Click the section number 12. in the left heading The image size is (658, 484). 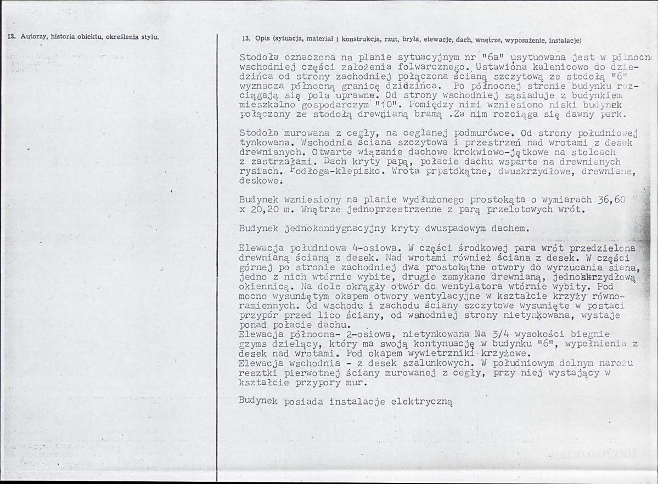10,38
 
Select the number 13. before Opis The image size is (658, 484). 246,40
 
